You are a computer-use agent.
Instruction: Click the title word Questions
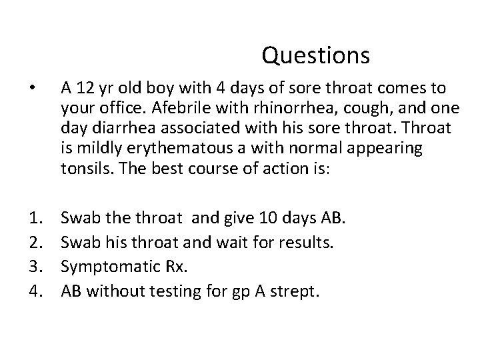coord(315,55)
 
